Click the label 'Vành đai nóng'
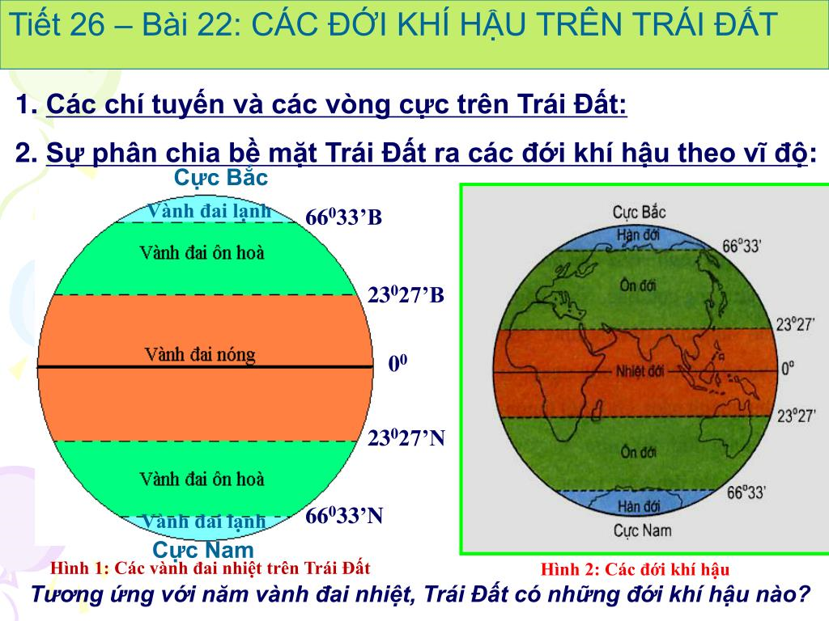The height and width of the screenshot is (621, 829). coord(200,354)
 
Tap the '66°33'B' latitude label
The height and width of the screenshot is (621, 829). coord(343,218)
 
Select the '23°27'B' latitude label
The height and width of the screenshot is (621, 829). coord(406,294)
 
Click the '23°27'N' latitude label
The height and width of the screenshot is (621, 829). coord(406,438)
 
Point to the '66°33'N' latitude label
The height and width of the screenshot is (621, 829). coord(344,516)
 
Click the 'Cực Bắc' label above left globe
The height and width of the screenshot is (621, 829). coord(221,177)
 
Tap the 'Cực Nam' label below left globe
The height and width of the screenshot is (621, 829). coord(203,550)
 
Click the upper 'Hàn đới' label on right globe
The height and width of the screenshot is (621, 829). coord(640,234)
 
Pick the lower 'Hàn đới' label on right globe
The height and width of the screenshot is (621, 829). coord(640,507)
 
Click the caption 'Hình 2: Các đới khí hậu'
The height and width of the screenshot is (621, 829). coord(635,568)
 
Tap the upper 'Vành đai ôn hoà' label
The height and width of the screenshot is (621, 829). coord(202,253)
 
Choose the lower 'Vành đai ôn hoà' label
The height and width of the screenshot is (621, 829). coord(202,479)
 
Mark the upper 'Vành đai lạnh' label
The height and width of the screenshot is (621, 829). coord(209,211)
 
